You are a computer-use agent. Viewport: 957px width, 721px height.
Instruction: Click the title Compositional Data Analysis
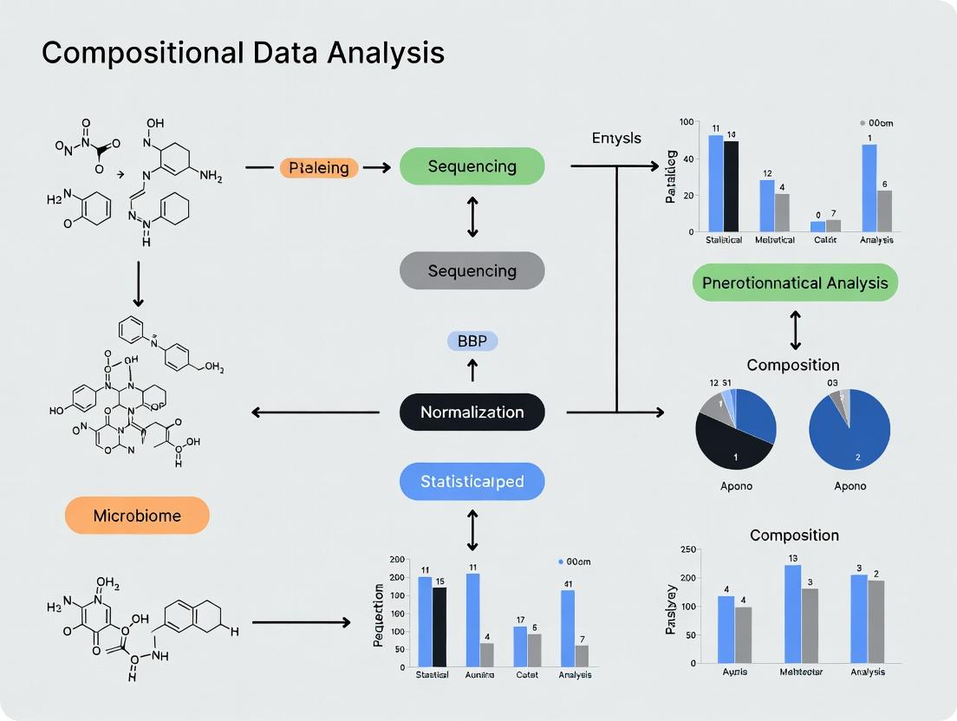click(x=243, y=54)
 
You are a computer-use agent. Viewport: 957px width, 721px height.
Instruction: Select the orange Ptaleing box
click(x=319, y=167)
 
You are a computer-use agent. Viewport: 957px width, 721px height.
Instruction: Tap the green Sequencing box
click(x=472, y=166)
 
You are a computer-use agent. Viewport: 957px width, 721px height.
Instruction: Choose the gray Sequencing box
click(x=472, y=270)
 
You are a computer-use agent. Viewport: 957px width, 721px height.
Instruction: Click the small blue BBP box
click(x=472, y=341)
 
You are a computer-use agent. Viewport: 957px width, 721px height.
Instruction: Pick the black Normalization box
click(x=472, y=412)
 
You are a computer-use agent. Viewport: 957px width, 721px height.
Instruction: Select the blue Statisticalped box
click(x=472, y=482)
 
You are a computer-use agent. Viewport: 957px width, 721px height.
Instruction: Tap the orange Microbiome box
click(x=137, y=516)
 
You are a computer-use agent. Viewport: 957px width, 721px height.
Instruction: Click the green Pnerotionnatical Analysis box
click(x=795, y=283)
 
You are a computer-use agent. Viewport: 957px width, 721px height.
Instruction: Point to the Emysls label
click(x=616, y=138)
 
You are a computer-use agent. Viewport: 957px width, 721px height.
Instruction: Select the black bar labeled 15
click(x=439, y=627)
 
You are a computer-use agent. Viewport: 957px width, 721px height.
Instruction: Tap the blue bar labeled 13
click(x=792, y=614)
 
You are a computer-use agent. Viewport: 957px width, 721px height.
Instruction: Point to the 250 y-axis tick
click(x=690, y=549)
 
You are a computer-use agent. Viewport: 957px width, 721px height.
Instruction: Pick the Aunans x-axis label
click(x=479, y=674)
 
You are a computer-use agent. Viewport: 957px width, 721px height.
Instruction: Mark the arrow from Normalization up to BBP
click(x=472, y=371)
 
